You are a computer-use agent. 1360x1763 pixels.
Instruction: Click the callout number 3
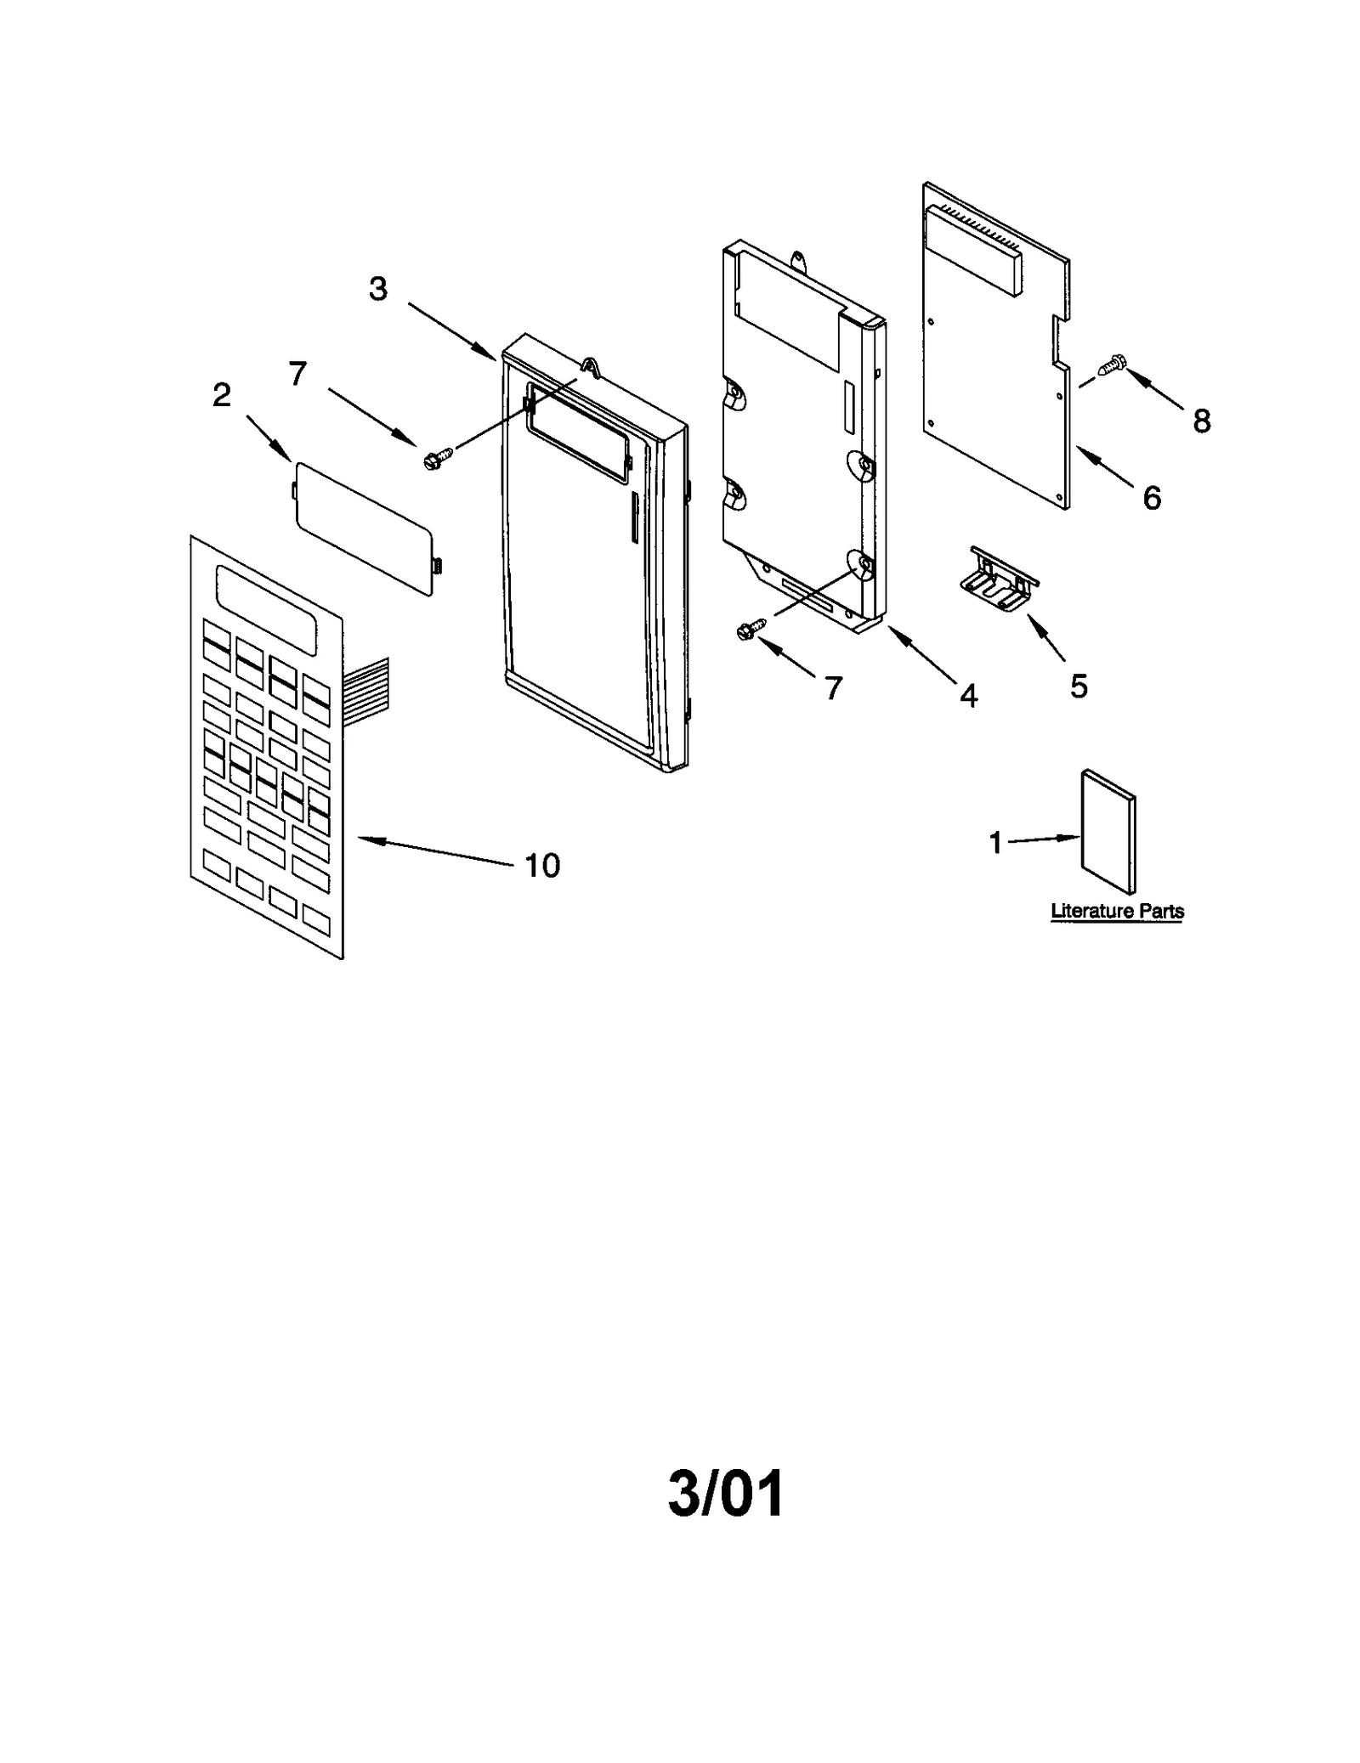tap(378, 290)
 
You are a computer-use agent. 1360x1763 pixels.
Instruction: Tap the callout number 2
tap(221, 395)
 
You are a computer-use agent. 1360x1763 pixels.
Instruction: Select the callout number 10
tap(542, 866)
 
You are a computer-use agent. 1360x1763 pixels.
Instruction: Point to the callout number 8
tap(1201, 421)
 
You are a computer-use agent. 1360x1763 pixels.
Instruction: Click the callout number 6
tap(1152, 498)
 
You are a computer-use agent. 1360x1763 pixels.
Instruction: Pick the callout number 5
tap(1079, 686)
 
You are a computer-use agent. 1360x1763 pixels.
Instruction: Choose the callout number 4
tap(968, 696)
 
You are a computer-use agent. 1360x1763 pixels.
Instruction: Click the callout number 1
tap(996, 843)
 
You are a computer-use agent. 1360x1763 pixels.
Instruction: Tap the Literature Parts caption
tap(1117, 912)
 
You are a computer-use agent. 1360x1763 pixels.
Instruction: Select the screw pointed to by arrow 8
tap(1112, 365)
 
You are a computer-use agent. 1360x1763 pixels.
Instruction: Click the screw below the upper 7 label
tap(435, 459)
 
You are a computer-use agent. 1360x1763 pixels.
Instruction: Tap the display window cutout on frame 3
tap(579, 425)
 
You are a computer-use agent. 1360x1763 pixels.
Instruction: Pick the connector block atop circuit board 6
tap(977, 251)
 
